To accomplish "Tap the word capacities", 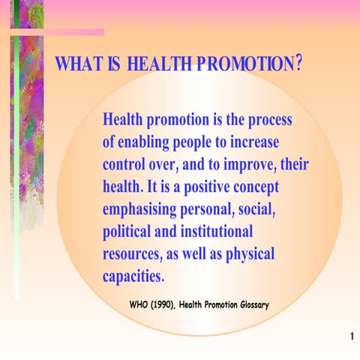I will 132,274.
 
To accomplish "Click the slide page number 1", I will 350,337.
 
